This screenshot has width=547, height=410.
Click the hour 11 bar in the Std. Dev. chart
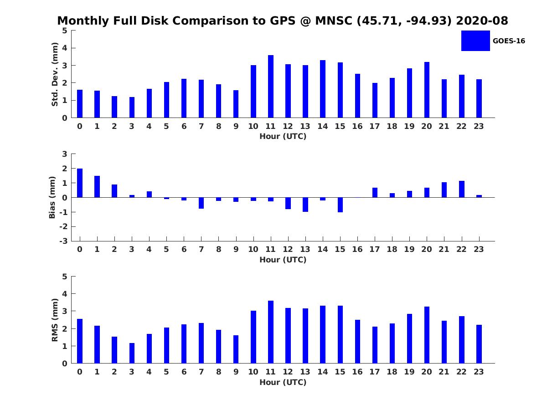(x=271, y=87)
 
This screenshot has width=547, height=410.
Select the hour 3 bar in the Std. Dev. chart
(x=132, y=108)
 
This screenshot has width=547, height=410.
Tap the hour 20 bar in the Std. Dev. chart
(x=427, y=90)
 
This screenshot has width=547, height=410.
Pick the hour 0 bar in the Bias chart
(x=80, y=183)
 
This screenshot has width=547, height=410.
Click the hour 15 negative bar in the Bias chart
(x=340, y=205)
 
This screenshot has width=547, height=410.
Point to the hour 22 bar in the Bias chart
(x=461, y=189)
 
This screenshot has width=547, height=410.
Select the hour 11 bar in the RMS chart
(x=271, y=332)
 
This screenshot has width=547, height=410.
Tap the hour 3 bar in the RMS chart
(x=132, y=353)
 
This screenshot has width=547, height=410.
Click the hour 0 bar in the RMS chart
(x=80, y=341)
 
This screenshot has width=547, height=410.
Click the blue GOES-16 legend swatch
(x=475, y=41)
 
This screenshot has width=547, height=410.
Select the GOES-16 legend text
(x=509, y=41)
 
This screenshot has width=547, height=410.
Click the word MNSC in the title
(x=334, y=20)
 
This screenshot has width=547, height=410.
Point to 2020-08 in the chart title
(x=482, y=20)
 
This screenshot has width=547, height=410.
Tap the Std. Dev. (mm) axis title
(x=55, y=74)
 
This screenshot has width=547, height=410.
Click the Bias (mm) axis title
(x=52, y=197)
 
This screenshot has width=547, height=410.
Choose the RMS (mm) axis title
(x=55, y=320)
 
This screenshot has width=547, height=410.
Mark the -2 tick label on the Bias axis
(x=63, y=226)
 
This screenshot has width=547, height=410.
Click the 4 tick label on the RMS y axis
(x=65, y=294)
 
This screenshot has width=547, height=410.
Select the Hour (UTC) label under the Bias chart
(x=283, y=260)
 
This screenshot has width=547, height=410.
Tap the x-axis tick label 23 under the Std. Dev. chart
(x=479, y=127)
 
